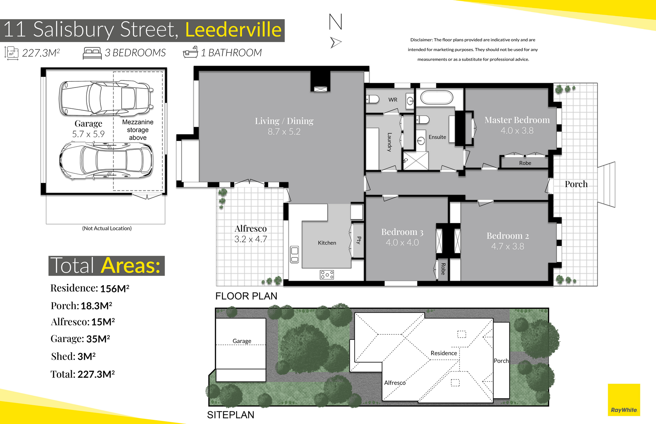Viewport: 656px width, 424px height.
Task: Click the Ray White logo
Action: pos(624,400)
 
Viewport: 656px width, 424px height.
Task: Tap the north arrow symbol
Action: pos(336,42)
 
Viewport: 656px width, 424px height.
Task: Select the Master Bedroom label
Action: pos(517,120)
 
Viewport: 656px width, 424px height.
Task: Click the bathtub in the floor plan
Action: pos(437,97)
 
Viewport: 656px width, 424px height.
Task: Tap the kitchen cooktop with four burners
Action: pos(327,275)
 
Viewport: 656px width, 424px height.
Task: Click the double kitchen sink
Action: pos(295,254)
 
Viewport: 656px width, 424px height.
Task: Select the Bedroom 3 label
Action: pos(402,232)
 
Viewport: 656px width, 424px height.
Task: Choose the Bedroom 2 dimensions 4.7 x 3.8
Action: pos(508,246)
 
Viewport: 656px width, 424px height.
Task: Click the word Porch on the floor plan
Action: pos(576,184)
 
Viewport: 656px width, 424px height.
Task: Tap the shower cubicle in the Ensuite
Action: pos(415,161)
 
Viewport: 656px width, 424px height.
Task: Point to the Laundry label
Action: pos(389,142)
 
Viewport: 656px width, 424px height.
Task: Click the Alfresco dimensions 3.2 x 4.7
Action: pos(251,239)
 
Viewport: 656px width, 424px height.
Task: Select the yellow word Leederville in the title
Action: pos(233,29)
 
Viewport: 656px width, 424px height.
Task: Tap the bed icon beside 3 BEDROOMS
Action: pos(92,53)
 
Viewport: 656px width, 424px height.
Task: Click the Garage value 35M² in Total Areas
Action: pos(98,339)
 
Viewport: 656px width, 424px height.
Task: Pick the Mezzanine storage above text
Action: pos(138,130)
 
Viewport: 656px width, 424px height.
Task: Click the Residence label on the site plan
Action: pos(444,353)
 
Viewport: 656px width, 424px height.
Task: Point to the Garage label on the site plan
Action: pos(242,341)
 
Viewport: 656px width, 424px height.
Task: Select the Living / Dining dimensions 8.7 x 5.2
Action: pos(284,132)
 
